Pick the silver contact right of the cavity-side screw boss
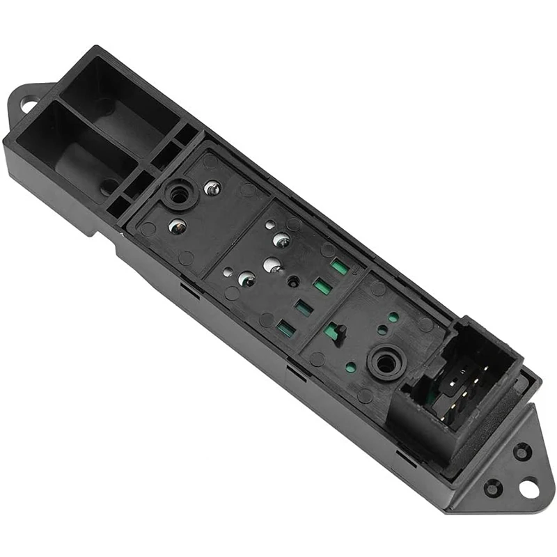coord(213,188)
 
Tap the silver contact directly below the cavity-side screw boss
coord(177,226)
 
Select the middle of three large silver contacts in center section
coord(271,265)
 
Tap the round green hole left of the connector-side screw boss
coord(350,366)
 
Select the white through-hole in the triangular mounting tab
coord(528,489)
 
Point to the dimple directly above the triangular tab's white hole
coord(521,452)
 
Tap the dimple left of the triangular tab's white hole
coord(492,488)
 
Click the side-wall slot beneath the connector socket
coord(405,456)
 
